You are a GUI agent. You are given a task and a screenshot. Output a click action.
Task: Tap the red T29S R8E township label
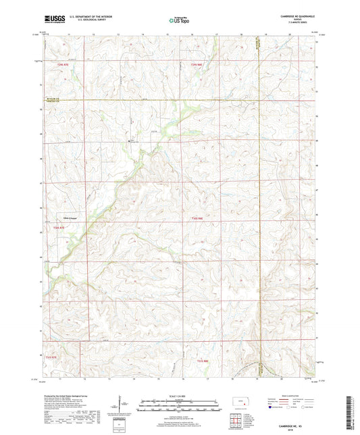196,64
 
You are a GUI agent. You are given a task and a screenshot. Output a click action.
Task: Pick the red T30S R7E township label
59,228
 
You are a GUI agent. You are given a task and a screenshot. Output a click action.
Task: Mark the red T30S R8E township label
196,217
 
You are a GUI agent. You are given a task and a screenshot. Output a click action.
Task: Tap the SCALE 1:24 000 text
180,395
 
